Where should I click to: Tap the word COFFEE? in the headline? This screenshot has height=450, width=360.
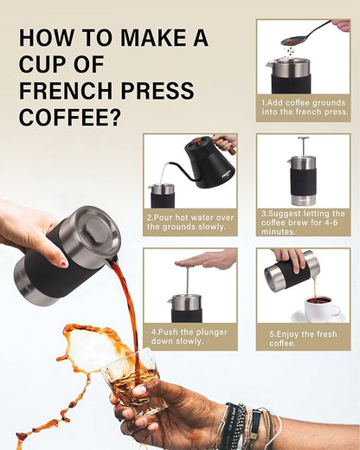[70, 118]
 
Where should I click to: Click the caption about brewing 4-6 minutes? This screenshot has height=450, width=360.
[303, 220]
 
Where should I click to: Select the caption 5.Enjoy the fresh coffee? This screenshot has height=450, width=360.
[303, 336]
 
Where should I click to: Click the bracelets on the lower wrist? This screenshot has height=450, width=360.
[242, 427]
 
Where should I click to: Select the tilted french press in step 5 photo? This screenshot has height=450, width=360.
[289, 273]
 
